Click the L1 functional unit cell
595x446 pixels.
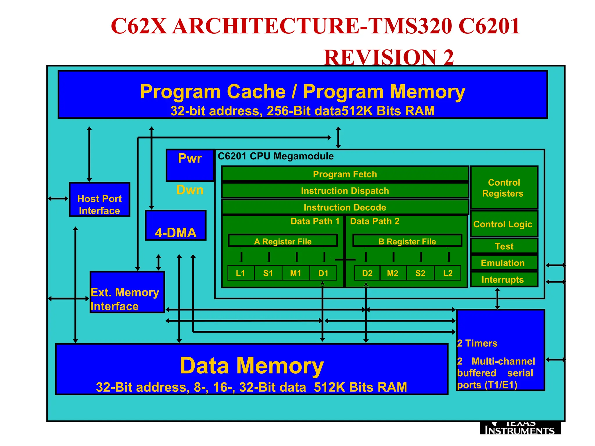tap(241, 273)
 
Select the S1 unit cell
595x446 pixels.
tap(268, 273)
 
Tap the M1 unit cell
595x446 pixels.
tap(295, 273)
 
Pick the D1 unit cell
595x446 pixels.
tap(323, 273)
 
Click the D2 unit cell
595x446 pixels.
tap(367, 273)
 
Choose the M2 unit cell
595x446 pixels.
tap(393, 273)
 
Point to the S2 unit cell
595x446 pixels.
tap(420, 273)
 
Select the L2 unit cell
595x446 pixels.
tap(448, 273)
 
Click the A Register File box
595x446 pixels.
tap(283, 241)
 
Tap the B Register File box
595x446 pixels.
tap(407, 241)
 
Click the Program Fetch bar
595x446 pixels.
tap(345, 174)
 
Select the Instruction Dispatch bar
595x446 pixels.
tap(345, 190)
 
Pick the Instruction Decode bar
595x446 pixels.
tap(345, 207)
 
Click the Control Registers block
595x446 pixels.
tap(504, 188)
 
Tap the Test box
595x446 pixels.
tap(504, 246)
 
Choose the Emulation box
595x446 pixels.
tap(504, 263)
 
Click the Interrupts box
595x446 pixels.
tap(504, 279)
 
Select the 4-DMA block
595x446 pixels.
tap(176, 226)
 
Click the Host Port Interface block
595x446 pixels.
tap(99, 200)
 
